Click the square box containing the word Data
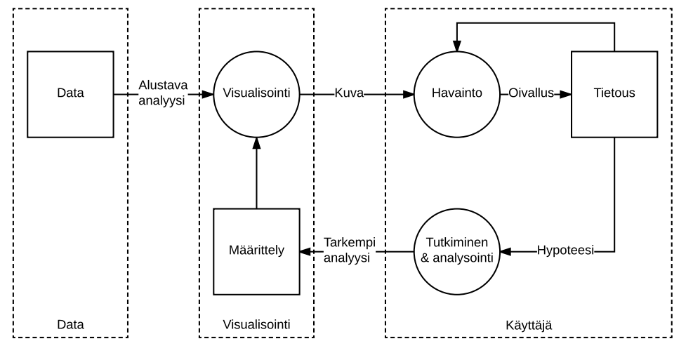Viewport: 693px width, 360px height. pos(70,93)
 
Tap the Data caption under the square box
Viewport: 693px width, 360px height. pos(70,324)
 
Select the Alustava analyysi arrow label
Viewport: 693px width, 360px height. pos(163,93)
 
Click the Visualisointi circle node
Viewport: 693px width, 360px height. pos(256,93)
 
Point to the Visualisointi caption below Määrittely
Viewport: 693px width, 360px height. pos(256,324)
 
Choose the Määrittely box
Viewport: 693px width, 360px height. pos(256,251)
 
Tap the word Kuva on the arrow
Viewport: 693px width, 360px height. pos(349,93)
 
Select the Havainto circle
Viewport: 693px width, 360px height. pos(457,93)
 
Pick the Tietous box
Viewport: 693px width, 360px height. pos(614,93)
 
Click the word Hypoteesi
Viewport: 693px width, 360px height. pos(565,251)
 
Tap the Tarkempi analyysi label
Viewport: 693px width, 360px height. pos(349,251)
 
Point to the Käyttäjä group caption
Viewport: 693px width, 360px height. pos(528,324)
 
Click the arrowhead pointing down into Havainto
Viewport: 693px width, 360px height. pos(457,46)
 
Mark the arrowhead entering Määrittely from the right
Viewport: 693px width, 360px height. pos(304,251)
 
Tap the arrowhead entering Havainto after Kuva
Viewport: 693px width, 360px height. pos(409,93)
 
